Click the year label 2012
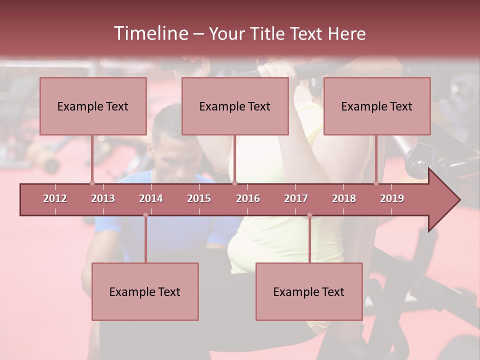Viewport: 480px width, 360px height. (x=55, y=198)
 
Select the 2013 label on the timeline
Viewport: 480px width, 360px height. (x=103, y=198)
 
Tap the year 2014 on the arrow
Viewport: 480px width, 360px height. (x=151, y=198)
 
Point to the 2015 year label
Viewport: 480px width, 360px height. (x=199, y=198)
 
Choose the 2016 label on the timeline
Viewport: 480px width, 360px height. (x=248, y=198)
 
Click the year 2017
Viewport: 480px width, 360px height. (x=296, y=198)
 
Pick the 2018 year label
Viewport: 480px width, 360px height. (x=344, y=198)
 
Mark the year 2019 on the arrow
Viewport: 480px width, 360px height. (x=392, y=198)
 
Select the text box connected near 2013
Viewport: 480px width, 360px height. (x=93, y=106)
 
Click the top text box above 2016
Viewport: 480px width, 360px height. (x=235, y=106)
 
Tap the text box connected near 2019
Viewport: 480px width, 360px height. (x=377, y=106)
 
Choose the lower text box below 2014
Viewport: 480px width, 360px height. (x=145, y=291)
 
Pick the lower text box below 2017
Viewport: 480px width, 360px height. (x=309, y=291)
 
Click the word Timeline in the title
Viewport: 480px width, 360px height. (x=150, y=33)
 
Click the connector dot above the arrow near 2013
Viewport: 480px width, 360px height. (x=92, y=183)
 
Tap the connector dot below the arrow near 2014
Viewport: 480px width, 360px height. (x=145, y=215)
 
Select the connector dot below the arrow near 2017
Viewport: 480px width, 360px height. (x=309, y=215)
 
